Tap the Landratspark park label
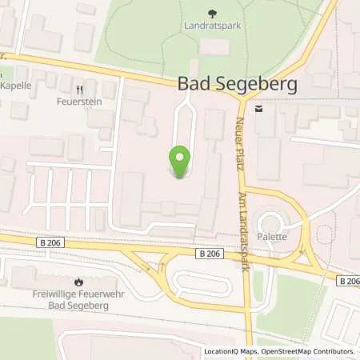coord(212,25)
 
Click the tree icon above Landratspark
coord(212,13)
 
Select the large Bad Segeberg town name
coord(226,84)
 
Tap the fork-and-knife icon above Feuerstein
coord(79,90)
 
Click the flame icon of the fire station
coord(78,282)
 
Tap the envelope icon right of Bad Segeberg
coord(258,107)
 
